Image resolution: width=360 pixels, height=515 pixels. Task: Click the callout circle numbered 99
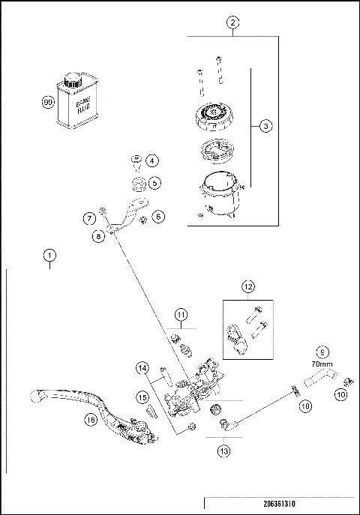pyautogui.click(x=48, y=102)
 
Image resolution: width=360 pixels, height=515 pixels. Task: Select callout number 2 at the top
pyautogui.click(x=233, y=23)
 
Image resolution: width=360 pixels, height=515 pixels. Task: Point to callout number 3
pyautogui.click(x=265, y=126)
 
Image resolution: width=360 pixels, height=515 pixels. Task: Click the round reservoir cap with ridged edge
pyautogui.click(x=214, y=116)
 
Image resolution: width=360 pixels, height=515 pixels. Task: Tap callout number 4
pyautogui.click(x=151, y=160)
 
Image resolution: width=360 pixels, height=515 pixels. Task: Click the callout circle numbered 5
pyautogui.click(x=154, y=183)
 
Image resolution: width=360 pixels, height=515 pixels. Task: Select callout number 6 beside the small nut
pyautogui.click(x=159, y=217)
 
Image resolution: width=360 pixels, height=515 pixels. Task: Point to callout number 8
pyautogui.click(x=98, y=236)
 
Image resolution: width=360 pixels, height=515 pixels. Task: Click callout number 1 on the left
pyautogui.click(x=50, y=255)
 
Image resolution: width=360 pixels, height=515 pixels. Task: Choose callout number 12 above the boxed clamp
pyautogui.click(x=248, y=286)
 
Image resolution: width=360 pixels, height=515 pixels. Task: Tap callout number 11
pyautogui.click(x=181, y=315)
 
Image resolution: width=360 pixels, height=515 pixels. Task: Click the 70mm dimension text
pyautogui.click(x=322, y=364)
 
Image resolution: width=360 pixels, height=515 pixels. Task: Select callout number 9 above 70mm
pyautogui.click(x=322, y=352)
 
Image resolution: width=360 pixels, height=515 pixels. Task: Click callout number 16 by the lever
pyautogui.click(x=91, y=420)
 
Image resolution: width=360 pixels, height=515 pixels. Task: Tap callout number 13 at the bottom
pyautogui.click(x=223, y=451)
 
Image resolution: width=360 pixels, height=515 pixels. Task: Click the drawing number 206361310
pyautogui.click(x=279, y=504)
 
